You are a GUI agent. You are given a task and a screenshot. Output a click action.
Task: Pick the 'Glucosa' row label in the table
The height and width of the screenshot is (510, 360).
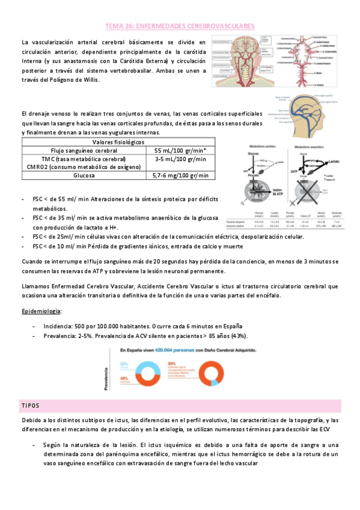[84, 176]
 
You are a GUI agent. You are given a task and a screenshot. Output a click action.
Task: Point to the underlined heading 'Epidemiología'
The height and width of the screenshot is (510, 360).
[41, 312]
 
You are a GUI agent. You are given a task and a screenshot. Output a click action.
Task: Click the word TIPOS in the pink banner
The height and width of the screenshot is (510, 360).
[30, 406]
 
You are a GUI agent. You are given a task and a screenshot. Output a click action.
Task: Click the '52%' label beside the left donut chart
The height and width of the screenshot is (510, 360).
[124, 363]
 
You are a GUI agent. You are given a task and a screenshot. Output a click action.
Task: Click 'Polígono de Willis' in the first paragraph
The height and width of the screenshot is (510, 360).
[67, 79]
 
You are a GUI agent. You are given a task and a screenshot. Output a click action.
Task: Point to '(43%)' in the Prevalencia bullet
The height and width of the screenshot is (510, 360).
[236, 336]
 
